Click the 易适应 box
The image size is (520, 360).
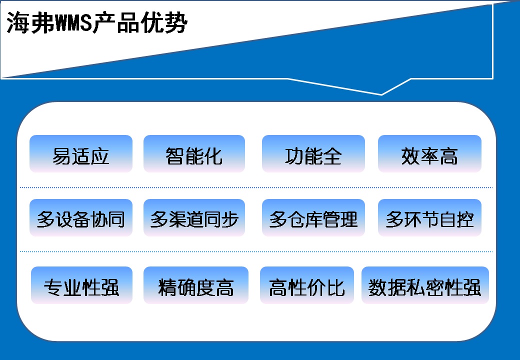pos(81,153)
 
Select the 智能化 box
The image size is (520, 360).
pos(194,153)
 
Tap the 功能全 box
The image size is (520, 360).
pos(313,153)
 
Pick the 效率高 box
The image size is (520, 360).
pos(429,153)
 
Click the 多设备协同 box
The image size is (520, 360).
pos(81,217)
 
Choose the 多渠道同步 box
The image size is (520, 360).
pos(194,217)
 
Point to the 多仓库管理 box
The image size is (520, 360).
pos(313,217)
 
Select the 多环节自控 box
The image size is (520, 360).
pos(429,217)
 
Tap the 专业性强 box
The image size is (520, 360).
pos(81,285)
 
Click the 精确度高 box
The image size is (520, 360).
pos(195,285)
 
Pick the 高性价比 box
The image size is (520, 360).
pos(307,285)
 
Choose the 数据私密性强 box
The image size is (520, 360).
pos(425,285)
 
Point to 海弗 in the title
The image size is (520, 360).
pos(30,22)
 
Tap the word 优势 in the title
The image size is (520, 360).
pos(164,22)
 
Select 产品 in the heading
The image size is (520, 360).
pos(116,22)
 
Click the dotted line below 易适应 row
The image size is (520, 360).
pos(256,187)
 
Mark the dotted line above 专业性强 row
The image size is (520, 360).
pos(256,251)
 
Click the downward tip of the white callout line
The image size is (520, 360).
pos(381,95)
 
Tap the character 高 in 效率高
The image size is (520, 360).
pos(448,156)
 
